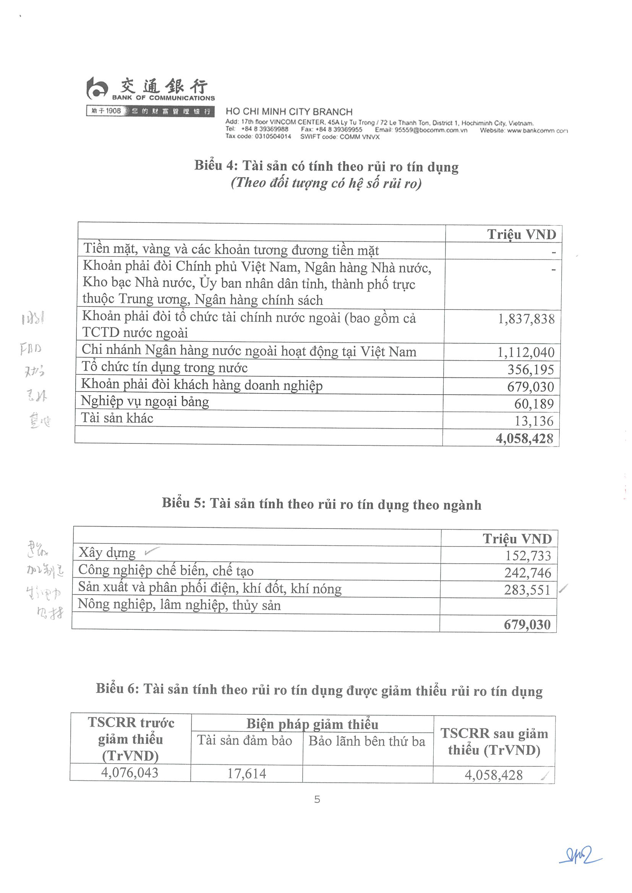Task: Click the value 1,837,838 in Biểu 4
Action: point(526,319)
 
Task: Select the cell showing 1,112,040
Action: point(526,352)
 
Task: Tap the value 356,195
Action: point(530,369)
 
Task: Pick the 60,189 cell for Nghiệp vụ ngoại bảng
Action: point(534,404)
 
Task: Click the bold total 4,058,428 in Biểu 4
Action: point(524,439)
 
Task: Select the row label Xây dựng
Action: point(107,553)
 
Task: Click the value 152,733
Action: point(528,556)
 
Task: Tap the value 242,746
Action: point(528,573)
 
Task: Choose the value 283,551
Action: point(527,590)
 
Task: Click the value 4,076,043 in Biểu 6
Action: point(130,772)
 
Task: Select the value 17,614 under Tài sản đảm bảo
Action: point(247,774)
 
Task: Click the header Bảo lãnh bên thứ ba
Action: point(367,741)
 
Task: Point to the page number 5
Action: point(317,799)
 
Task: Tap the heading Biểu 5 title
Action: point(322,504)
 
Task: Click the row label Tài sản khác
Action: point(117,418)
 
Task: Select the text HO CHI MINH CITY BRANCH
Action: point(289,112)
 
